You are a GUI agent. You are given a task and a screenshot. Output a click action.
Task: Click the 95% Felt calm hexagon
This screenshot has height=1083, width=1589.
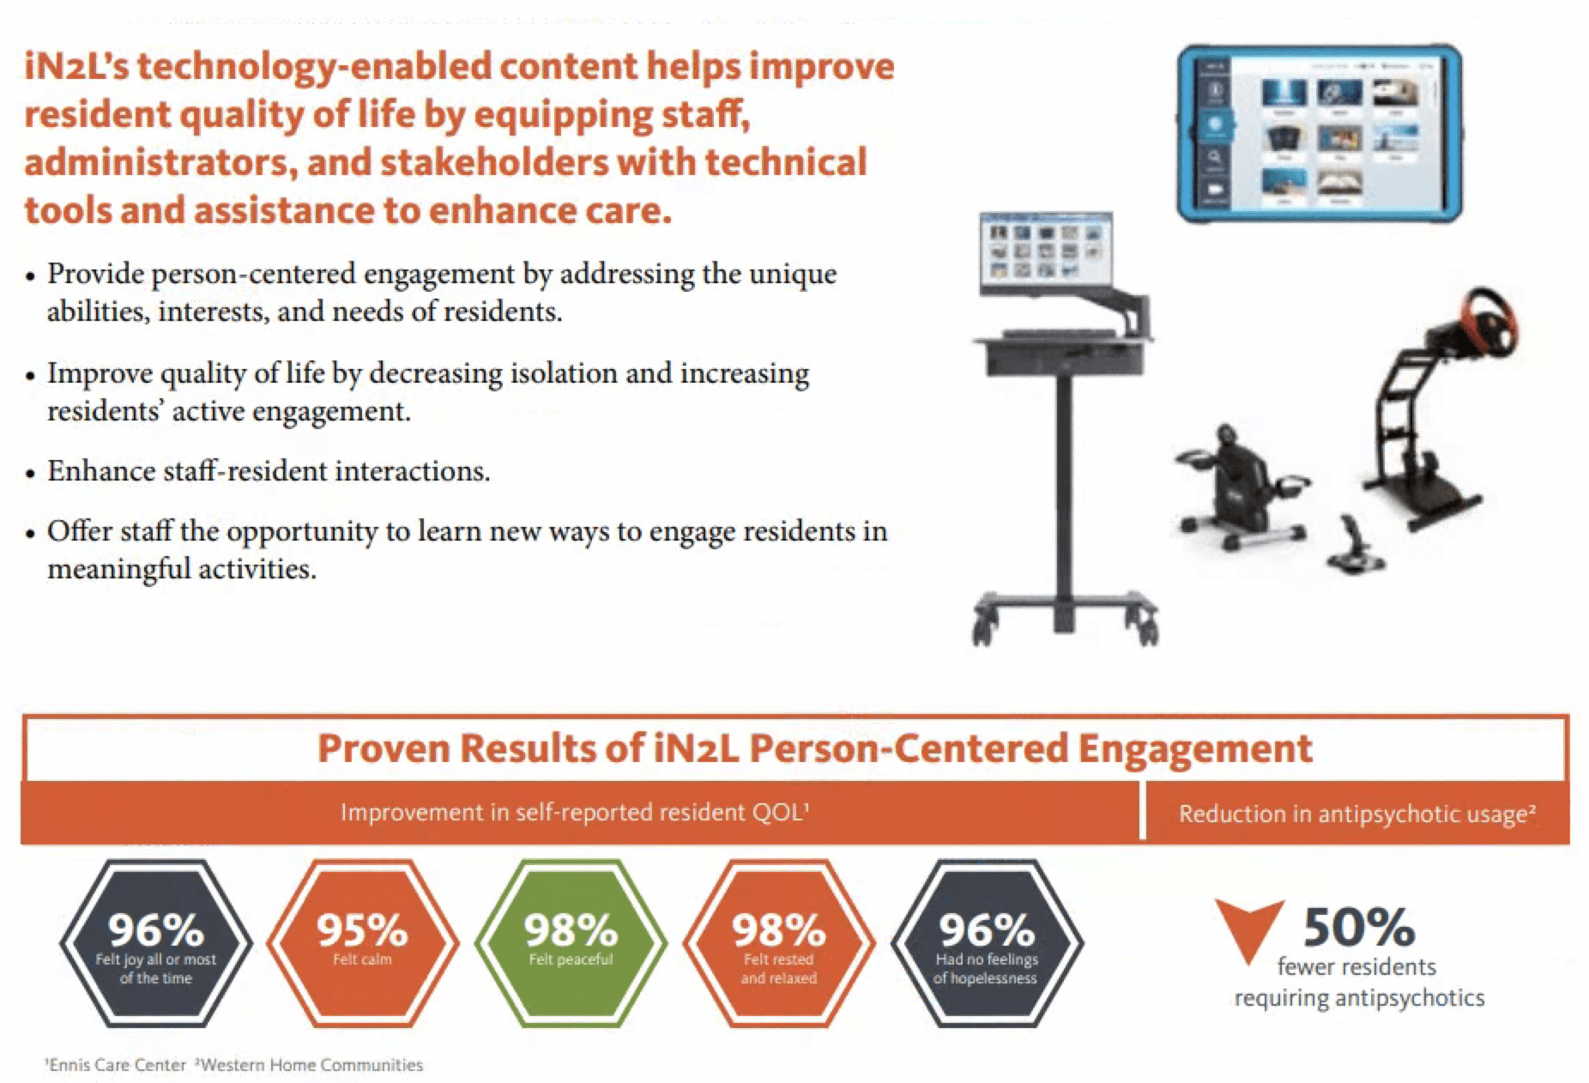(x=362, y=942)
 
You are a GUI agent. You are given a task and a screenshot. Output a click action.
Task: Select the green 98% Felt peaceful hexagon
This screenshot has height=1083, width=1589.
(x=571, y=942)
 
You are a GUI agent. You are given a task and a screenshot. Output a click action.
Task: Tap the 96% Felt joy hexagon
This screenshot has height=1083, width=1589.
(x=155, y=942)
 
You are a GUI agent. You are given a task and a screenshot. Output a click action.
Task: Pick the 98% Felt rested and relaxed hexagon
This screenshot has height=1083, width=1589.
(x=778, y=942)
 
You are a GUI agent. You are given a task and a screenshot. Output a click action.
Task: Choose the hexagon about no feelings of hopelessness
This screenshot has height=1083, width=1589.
(x=986, y=942)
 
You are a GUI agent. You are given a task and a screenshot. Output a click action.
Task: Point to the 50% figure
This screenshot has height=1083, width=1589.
(x=1358, y=927)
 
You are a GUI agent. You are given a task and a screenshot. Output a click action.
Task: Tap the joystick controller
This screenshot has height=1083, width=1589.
(x=1354, y=543)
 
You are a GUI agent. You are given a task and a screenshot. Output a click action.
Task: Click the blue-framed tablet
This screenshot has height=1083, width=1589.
(x=1318, y=135)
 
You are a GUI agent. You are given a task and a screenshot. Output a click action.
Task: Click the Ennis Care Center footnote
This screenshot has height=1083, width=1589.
(x=115, y=1065)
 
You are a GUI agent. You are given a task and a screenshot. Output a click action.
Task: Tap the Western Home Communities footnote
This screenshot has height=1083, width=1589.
(x=310, y=1065)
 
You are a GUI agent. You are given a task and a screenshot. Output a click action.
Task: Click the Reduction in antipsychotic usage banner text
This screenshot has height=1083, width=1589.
(x=1356, y=814)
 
